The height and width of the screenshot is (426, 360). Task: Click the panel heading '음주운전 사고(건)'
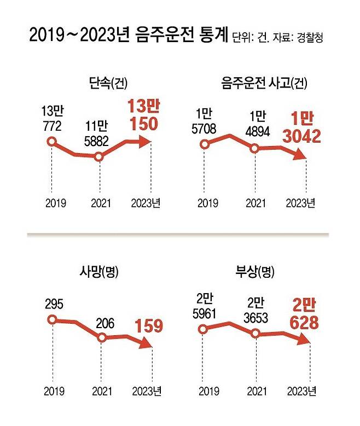click(x=262, y=84)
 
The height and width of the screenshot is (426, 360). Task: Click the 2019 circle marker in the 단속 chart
click(x=51, y=142)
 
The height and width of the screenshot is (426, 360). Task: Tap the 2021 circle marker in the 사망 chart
click(x=102, y=337)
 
